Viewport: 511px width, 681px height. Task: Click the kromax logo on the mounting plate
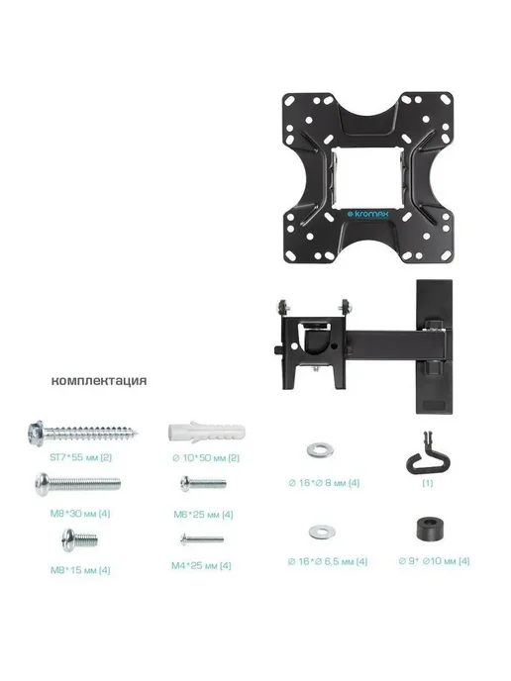click(x=369, y=214)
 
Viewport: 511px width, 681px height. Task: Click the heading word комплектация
click(x=99, y=381)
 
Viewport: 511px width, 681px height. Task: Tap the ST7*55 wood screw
click(x=82, y=433)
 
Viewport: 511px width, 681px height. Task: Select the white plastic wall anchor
click(x=206, y=433)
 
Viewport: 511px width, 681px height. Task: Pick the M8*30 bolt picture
click(x=78, y=483)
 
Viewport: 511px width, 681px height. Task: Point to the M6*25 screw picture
click(x=203, y=483)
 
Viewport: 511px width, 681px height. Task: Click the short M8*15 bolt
click(x=79, y=540)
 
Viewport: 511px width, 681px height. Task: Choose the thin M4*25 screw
click(x=202, y=539)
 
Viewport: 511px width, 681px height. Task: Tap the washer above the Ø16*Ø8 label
click(x=320, y=450)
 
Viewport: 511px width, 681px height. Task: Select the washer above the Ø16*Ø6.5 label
click(x=322, y=532)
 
